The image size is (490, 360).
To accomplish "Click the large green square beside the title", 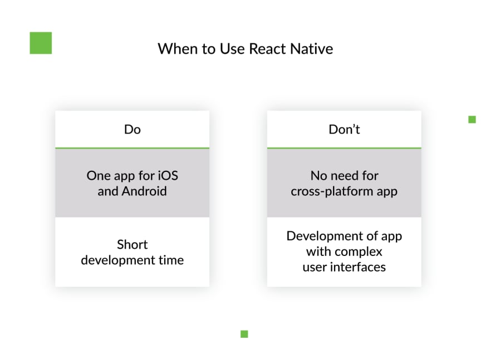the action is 41,43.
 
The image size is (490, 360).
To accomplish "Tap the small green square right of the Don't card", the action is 472,120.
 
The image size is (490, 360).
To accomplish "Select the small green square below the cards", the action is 244,334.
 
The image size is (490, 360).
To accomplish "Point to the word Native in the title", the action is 312,49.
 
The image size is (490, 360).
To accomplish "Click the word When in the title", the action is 178,49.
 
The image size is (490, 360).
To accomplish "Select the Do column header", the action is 132,129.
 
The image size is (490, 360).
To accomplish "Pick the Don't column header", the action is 344,129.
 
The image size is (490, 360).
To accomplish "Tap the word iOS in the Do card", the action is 168,175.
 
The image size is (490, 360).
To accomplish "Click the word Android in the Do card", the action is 144,191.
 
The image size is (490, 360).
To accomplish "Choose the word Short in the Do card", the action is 132,244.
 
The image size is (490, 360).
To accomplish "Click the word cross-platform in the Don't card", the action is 332,191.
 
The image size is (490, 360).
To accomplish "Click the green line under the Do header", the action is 132,148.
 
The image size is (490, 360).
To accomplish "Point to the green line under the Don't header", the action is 344,148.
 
